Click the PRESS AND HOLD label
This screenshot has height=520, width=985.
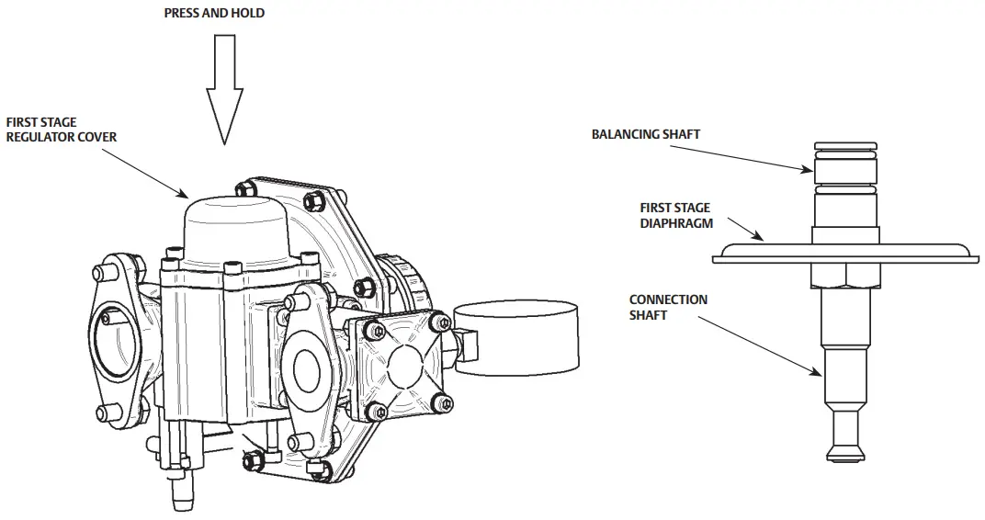click(x=213, y=14)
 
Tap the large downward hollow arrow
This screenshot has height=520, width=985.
click(x=224, y=88)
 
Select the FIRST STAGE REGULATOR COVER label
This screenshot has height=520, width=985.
click(x=62, y=130)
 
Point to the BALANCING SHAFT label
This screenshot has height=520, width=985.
click(x=645, y=134)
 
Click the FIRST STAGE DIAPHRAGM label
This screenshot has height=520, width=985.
click(x=675, y=216)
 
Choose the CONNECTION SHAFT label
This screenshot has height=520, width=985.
click(x=668, y=307)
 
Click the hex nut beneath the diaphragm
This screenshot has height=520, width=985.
click(x=844, y=273)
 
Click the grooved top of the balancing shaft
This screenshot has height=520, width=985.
click(x=844, y=153)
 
